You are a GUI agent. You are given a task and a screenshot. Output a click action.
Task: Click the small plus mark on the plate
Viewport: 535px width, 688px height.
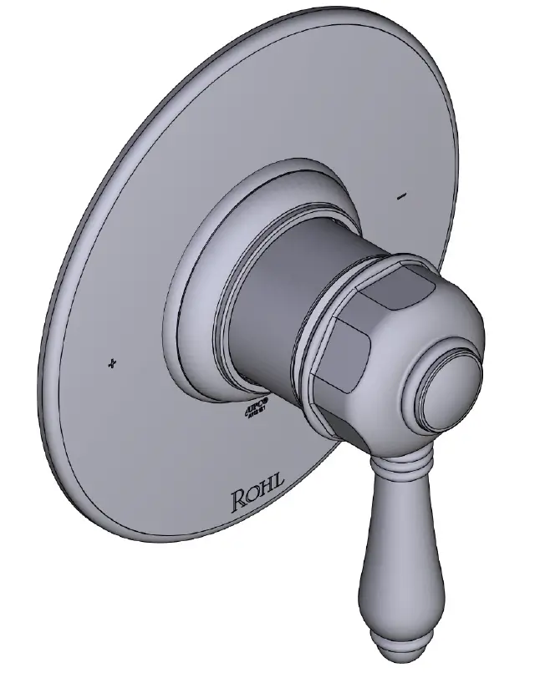pyautogui.click(x=112, y=363)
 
